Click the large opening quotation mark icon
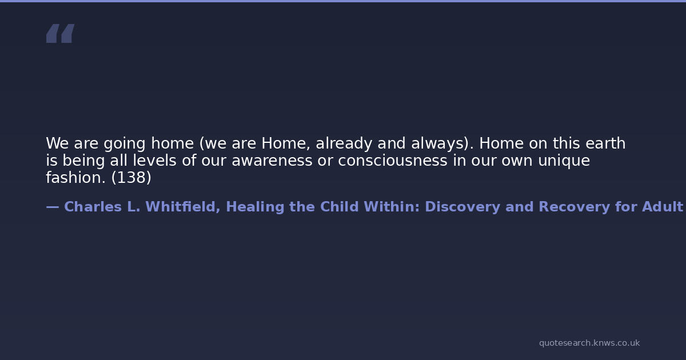point(61,33)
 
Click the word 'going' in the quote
point(125,144)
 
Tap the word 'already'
point(344,144)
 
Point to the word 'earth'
point(605,143)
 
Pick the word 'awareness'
point(272,161)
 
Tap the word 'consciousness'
point(393,161)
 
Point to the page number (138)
point(131,178)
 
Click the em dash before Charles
point(53,207)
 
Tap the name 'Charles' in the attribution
point(93,207)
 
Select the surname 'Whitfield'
point(183,207)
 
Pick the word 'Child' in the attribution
point(340,207)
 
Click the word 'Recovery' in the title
point(574,207)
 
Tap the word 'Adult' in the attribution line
point(663,207)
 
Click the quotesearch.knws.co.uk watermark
point(589,343)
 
